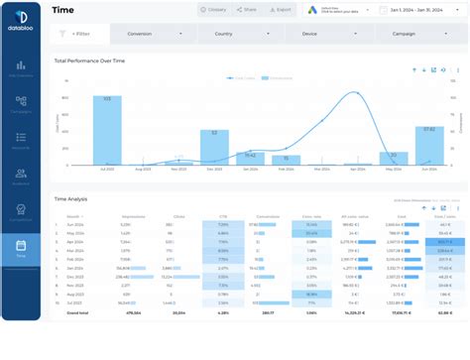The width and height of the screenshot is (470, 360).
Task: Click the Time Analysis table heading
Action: coord(71,198)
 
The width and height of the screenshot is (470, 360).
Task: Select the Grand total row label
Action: coord(76,312)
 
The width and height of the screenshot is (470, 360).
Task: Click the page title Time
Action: coord(62,10)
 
